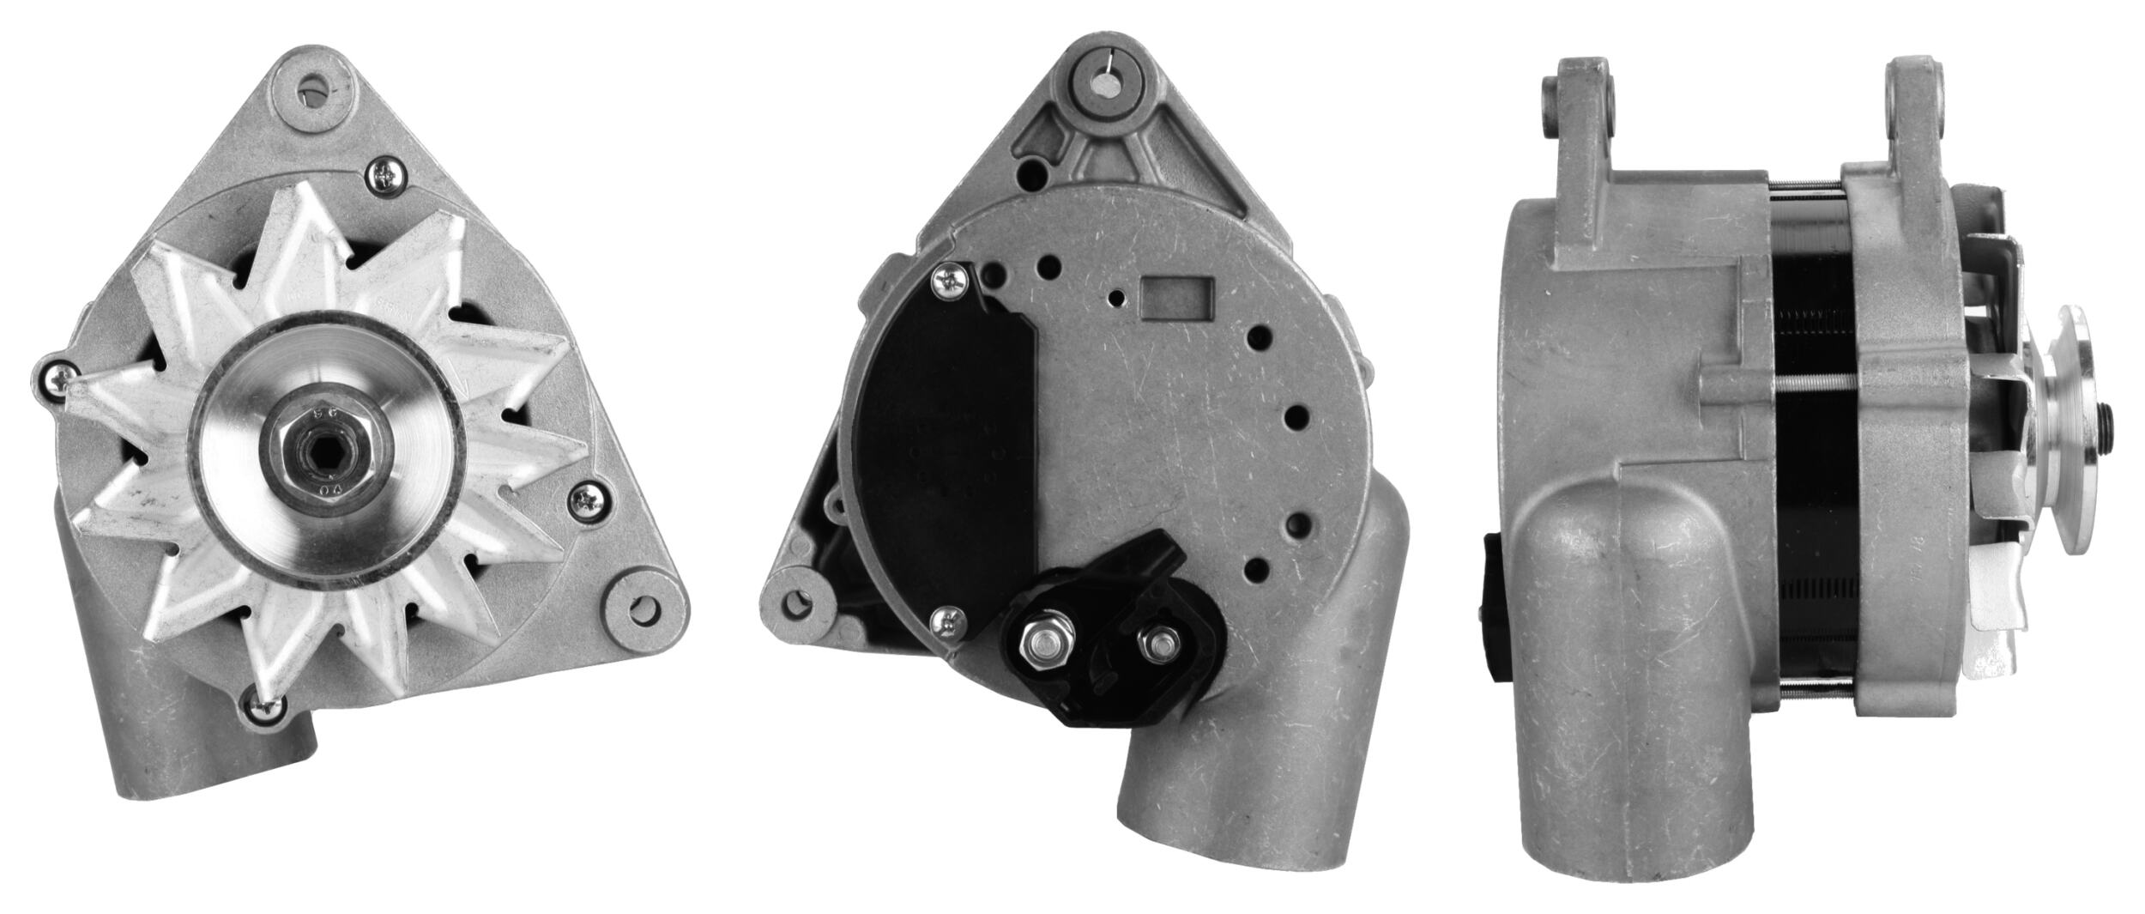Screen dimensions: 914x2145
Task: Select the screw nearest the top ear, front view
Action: (383, 177)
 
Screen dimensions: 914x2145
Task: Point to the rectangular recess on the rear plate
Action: (1175, 297)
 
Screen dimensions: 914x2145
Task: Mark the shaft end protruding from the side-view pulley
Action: (2106, 421)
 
